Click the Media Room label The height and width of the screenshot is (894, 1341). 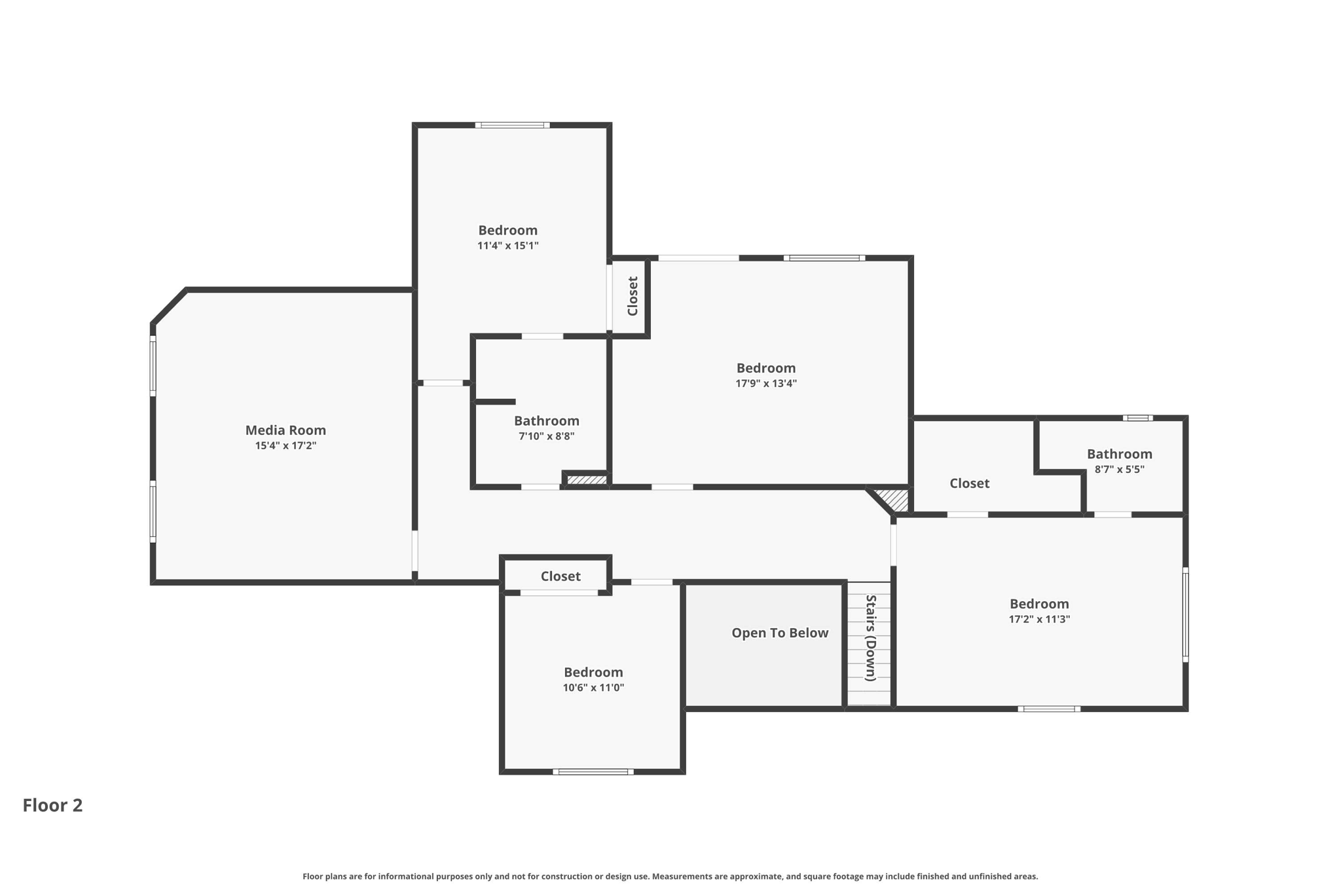(285, 430)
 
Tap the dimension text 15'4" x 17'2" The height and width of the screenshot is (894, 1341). (285, 446)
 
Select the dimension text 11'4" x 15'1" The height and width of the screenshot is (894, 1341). (508, 246)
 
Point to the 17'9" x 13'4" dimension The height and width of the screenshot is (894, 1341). (766, 384)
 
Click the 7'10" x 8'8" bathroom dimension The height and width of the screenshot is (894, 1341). (547, 437)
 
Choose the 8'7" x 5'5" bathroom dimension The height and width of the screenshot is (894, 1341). (1120, 470)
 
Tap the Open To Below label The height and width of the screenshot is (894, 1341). (780, 633)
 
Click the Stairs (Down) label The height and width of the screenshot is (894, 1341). (871, 638)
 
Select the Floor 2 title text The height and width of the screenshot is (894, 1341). (53, 806)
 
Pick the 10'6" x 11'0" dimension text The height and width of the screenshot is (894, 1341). (593, 688)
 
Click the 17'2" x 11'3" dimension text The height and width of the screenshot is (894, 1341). (1039, 620)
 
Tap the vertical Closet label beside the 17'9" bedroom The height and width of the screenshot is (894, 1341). (633, 296)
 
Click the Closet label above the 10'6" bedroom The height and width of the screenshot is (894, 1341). (560, 576)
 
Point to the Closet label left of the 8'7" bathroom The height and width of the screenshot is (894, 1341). (970, 483)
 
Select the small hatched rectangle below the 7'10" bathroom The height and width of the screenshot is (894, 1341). (587, 480)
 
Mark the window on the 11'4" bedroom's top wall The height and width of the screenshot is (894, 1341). (512, 125)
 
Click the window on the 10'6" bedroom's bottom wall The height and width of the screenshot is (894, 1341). (593, 772)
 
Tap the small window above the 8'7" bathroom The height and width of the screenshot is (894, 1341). (1138, 418)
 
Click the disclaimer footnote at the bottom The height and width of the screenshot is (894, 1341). (670, 876)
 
